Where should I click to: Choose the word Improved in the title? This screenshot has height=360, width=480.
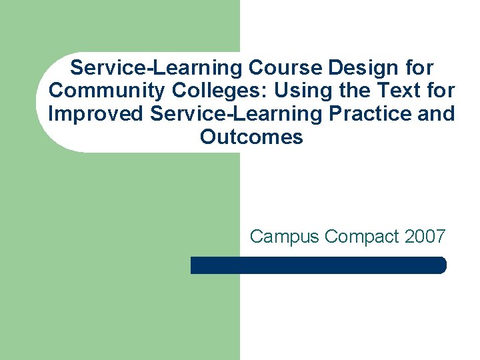pos(95,113)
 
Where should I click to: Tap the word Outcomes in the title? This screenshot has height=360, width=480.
pos(251,137)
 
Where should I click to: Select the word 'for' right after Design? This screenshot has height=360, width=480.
pos(418,68)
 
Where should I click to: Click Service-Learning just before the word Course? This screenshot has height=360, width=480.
pos(157,68)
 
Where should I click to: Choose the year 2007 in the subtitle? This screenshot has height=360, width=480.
pos(425,237)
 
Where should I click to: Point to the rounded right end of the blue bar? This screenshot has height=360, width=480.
pos(441,265)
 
